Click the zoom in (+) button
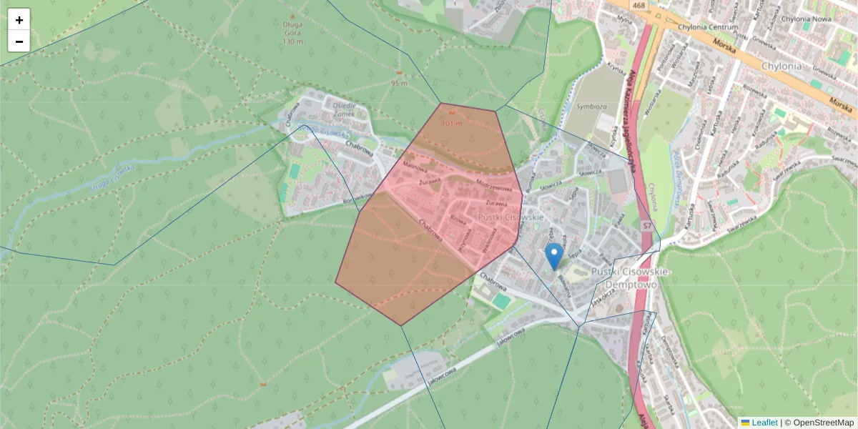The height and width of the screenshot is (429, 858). (x=19, y=20)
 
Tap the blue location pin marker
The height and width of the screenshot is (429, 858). (x=553, y=256)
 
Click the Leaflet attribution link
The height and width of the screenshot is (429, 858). (x=764, y=423)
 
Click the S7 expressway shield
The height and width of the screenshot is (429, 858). (x=646, y=225)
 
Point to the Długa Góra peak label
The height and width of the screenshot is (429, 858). (x=293, y=27)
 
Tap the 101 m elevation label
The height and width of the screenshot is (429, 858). (x=452, y=123)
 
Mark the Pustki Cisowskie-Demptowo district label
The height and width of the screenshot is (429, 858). (x=628, y=278)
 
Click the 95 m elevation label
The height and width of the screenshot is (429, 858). (x=399, y=83)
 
